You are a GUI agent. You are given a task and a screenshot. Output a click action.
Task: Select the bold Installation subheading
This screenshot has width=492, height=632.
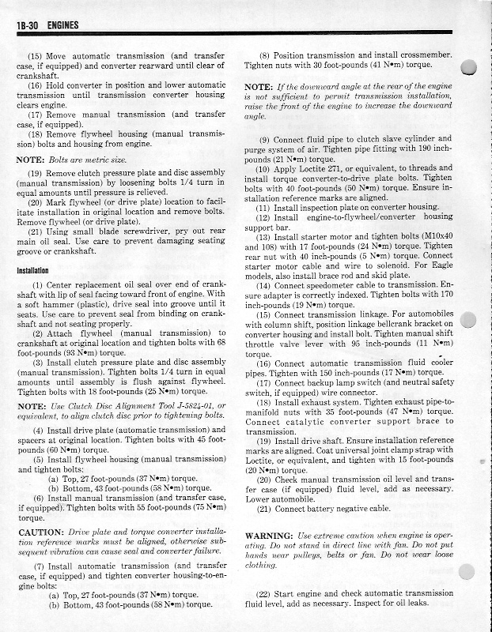coord(35,270)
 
